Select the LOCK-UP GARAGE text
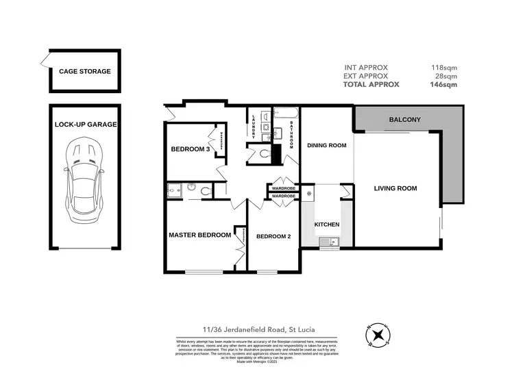pos(86,125)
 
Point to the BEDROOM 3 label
pos(190,149)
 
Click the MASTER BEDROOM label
pos(199,235)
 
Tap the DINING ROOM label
pos(326,146)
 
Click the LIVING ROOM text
pos(395,188)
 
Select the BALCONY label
pos(404,120)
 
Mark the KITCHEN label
pos(326,225)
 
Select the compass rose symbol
pos(378,334)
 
